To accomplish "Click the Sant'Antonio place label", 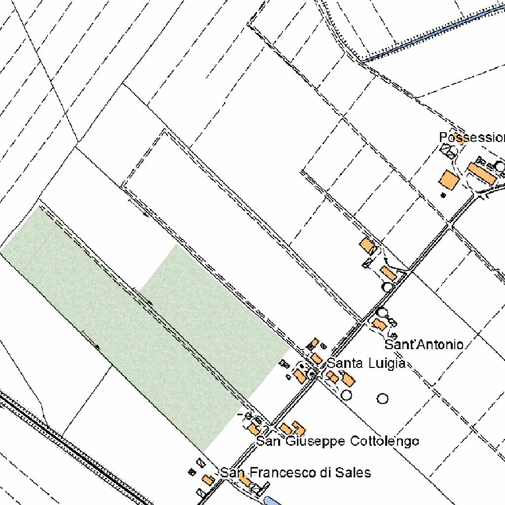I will (x=424, y=344).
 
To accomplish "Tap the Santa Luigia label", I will (x=366, y=363).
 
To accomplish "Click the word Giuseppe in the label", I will (x=315, y=440).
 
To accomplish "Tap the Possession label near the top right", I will (x=471, y=137).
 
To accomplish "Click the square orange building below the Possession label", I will (x=448, y=180).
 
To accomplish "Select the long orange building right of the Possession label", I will (x=482, y=174).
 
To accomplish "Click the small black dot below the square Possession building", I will (x=443, y=195).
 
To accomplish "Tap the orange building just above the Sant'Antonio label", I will (x=379, y=324).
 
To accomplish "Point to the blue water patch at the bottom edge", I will (x=271, y=501).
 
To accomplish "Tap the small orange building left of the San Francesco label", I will (x=208, y=479).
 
